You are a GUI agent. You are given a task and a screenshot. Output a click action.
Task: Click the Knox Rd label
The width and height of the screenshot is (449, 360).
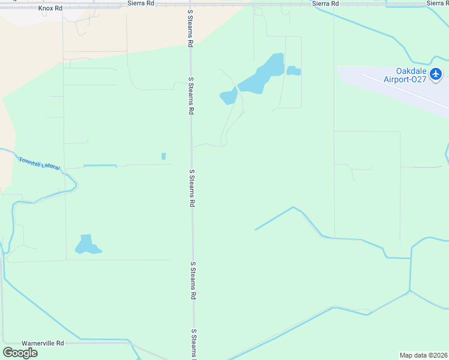point(50,8)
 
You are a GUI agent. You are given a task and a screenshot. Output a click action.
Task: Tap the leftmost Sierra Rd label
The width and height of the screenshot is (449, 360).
point(142,3)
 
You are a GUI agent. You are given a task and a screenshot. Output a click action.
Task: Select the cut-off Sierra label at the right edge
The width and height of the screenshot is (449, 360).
point(438,3)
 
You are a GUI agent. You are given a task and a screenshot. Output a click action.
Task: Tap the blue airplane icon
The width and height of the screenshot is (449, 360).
point(436,74)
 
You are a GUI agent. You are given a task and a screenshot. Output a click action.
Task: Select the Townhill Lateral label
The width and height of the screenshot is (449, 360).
point(39,163)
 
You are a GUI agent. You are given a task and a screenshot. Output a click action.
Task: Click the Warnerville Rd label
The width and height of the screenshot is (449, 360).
point(43,343)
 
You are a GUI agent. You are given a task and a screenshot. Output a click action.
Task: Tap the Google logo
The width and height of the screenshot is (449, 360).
point(20,352)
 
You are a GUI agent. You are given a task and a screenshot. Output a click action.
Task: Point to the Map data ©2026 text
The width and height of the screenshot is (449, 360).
point(424,355)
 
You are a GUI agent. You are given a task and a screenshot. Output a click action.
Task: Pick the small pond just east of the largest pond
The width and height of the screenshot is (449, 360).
point(294,71)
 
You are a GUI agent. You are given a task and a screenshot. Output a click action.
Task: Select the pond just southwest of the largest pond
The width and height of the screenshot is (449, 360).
point(228,97)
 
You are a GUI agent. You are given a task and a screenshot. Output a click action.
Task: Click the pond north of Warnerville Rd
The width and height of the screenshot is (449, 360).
point(87,245)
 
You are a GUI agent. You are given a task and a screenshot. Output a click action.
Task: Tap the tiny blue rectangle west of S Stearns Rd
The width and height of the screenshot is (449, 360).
point(163,157)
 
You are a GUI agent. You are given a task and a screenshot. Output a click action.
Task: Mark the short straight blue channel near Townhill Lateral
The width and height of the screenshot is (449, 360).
point(100,166)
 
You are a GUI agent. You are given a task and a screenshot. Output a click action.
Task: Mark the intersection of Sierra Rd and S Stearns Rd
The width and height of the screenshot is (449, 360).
point(190,4)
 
